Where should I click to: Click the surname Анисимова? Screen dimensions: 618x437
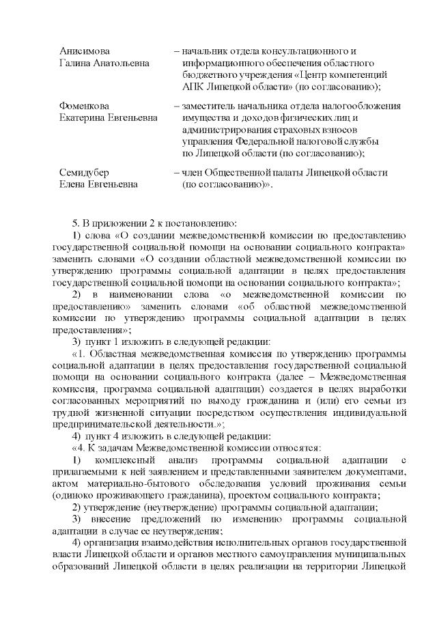point(85,51)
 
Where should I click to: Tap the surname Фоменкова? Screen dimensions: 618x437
point(85,106)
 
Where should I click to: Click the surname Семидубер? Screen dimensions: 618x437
point(84,172)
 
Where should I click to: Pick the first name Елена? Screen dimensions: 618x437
point(74,184)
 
